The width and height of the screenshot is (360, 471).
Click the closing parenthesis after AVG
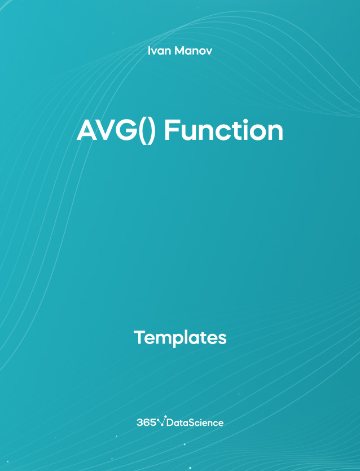click(151, 132)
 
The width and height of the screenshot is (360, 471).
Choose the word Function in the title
click(223, 130)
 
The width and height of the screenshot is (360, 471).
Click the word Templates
click(180, 338)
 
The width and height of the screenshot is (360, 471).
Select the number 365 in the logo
click(146, 422)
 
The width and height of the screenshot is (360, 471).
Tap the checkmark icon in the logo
click(162, 421)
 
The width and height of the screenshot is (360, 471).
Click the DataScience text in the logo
click(195, 422)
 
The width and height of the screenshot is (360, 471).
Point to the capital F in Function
click(171, 130)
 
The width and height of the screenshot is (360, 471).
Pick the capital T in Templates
click(139, 337)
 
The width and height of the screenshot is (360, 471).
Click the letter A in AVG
click(87, 130)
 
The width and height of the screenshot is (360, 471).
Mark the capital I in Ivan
click(149, 51)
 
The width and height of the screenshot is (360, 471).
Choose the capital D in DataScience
click(169, 422)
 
